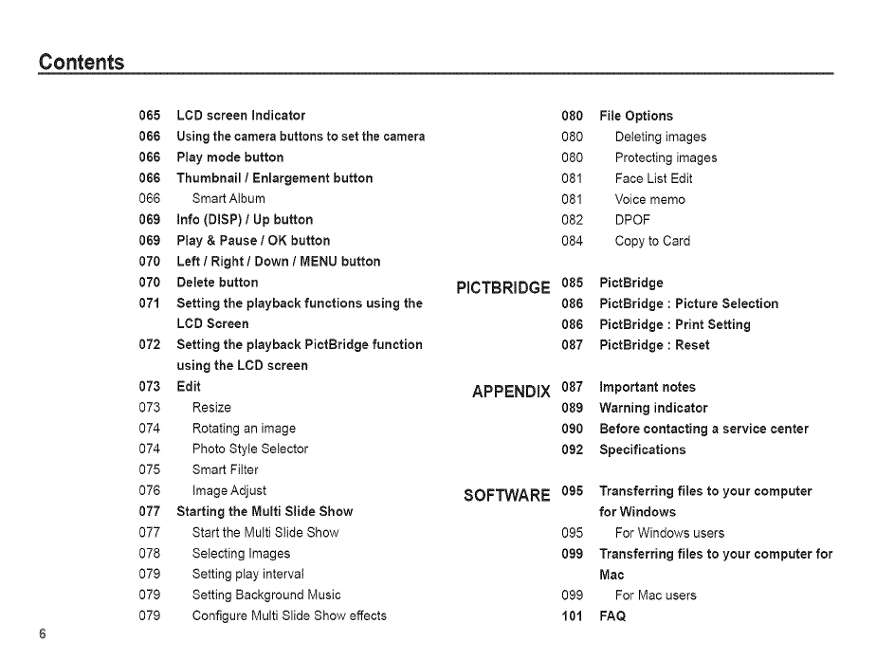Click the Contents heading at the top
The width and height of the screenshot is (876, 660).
pos(82,63)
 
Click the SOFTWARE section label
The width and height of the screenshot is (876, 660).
pos(506,496)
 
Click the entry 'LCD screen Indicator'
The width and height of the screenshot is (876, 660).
pos(241,116)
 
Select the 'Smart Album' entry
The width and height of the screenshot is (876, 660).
pos(228,199)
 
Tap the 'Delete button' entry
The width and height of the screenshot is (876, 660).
pos(217,283)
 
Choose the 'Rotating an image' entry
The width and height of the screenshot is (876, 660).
pos(244,429)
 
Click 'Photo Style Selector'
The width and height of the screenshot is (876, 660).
pos(249,449)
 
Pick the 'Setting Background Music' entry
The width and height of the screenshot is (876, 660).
pos(266,596)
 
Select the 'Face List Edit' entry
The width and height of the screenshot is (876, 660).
pos(653,178)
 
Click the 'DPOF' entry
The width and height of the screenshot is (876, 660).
pos(632,220)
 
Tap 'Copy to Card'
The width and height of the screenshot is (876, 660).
pos(652,241)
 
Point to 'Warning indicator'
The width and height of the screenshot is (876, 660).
pos(653,408)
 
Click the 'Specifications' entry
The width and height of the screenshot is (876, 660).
pos(642,449)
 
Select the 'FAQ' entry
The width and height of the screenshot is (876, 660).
pos(612,616)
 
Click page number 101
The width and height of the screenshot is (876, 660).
pos(572,616)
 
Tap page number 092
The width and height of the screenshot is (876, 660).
pos(572,449)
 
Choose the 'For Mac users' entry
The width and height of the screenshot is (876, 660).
pos(655,596)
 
